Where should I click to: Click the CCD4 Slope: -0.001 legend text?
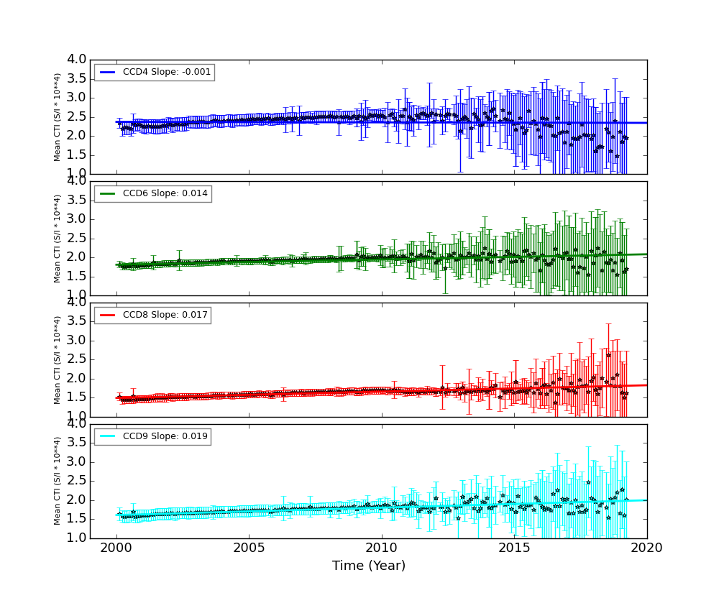(x=166, y=72)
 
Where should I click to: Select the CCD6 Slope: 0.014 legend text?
(x=165, y=193)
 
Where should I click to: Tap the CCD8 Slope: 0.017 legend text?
(x=165, y=315)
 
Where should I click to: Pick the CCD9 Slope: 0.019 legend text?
(x=165, y=436)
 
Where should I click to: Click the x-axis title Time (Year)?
(x=369, y=566)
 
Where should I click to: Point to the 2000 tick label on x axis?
(x=116, y=548)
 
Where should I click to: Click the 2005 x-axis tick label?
(x=249, y=548)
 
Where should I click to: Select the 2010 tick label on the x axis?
(x=382, y=548)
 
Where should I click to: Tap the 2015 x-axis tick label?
(x=514, y=548)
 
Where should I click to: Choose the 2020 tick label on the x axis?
(x=646, y=548)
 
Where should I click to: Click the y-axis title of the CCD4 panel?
(x=58, y=116)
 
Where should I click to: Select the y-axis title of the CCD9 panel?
(x=58, y=481)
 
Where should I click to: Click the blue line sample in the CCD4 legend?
(x=107, y=72)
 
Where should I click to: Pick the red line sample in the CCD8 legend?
(x=107, y=315)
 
